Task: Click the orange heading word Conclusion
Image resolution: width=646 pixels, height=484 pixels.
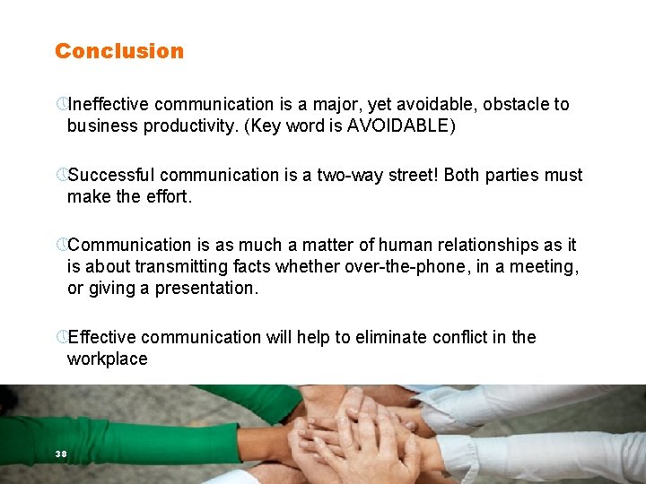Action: [118, 51]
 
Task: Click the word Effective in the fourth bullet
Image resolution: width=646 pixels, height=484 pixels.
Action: [101, 337]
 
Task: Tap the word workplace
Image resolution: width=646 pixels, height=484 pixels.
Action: [107, 359]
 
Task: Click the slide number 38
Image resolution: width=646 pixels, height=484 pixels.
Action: [61, 454]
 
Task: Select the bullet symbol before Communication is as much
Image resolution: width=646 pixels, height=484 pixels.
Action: [60, 245]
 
